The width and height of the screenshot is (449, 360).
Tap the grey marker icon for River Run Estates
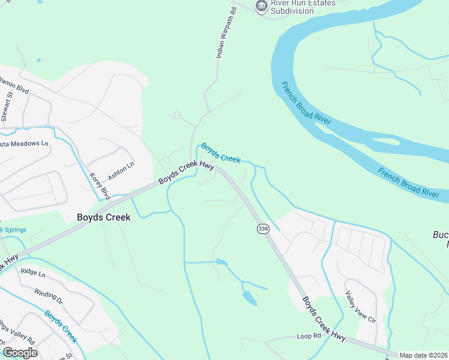261,7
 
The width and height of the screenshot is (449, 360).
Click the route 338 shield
262,229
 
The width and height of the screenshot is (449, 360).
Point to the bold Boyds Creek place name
103,218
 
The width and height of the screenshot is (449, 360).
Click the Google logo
20,353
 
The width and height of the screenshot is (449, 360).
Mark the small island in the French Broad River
386,142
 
